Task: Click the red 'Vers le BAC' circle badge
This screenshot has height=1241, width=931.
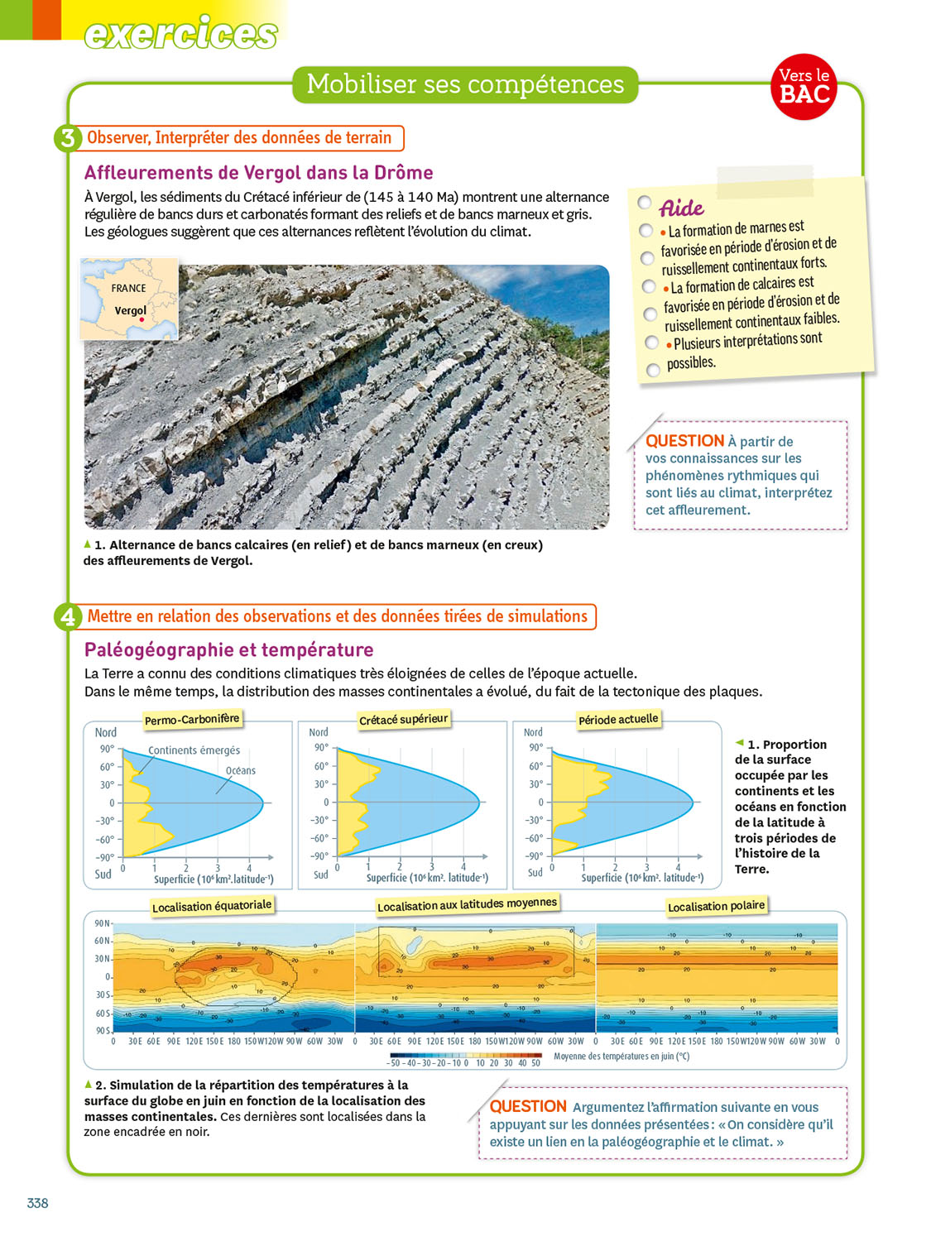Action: click(x=804, y=87)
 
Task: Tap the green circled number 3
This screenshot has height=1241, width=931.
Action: click(x=68, y=138)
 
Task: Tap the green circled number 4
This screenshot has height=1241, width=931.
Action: click(x=68, y=617)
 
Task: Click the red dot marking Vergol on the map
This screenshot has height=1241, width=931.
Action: click(x=142, y=319)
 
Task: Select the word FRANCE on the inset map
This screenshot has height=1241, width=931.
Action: click(x=128, y=288)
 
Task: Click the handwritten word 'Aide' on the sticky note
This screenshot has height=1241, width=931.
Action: click(x=681, y=207)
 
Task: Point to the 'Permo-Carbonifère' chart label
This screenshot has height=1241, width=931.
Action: click(x=192, y=719)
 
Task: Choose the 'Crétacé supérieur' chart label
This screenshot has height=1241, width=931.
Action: click(x=404, y=719)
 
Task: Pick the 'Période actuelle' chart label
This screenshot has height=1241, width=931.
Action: click(x=618, y=719)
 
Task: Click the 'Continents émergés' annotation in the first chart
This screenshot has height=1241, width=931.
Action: click(x=194, y=750)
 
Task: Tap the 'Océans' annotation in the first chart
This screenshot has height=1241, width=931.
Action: click(x=241, y=770)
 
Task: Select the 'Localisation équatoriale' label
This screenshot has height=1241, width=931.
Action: click(x=212, y=906)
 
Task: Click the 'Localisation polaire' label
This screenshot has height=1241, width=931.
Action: click(x=716, y=906)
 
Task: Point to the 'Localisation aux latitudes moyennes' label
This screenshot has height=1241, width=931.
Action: click(x=467, y=904)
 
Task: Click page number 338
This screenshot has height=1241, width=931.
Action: click(x=37, y=1203)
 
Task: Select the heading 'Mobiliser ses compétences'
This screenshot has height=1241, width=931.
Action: click(x=465, y=84)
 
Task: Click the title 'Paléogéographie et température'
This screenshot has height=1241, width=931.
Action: click(x=228, y=649)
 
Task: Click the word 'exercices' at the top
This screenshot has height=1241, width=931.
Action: click(x=180, y=33)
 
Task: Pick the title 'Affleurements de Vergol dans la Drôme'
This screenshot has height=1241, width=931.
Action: click(x=258, y=173)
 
